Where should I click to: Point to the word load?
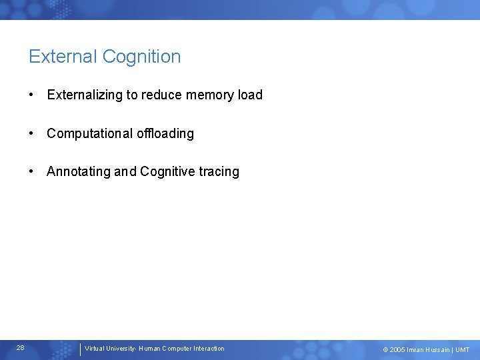coord(250,95)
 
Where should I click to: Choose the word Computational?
coord(89,133)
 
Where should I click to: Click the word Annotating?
coord(78,172)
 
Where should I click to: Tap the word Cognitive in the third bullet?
coord(167,172)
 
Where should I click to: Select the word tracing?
coord(219,172)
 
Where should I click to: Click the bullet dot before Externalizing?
coord(32,95)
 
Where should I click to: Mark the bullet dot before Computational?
coord(32,133)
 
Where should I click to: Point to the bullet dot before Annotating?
coord(32,172)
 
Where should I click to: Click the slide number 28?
coord(21,348)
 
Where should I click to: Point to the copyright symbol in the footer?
coord(385,350)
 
